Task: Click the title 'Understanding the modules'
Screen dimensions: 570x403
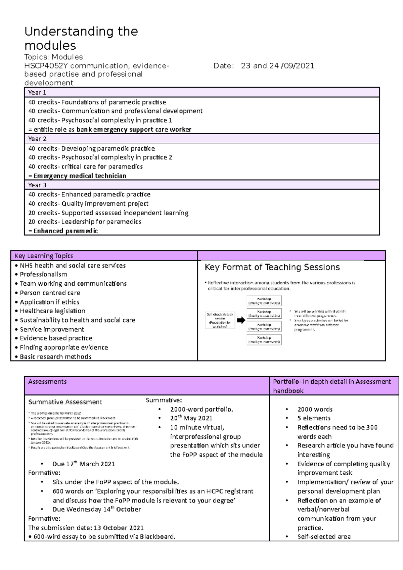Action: pos(81,38)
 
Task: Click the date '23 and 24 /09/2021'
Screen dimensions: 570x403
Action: pos(277,66)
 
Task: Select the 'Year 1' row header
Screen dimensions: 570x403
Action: pos(37,92)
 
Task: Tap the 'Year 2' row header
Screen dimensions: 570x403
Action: pos(37,139)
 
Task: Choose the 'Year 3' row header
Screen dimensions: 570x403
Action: pos(37,185)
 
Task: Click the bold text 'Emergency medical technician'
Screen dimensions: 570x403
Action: pos(80,176)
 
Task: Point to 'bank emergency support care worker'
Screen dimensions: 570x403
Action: pos(134,130)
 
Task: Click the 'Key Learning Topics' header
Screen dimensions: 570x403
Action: pos(44,256)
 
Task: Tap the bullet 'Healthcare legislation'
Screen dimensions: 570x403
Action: pos(52,311)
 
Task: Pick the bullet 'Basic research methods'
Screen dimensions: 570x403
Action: pos(55,357)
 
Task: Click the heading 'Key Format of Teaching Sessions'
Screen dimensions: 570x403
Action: pos(272,267)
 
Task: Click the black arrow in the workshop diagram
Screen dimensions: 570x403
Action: pos(241,320)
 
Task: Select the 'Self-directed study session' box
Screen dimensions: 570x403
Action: pos(220,320)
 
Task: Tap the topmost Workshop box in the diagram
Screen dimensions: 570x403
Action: pos(264,301)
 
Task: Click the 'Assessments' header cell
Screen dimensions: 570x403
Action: pos(47,382)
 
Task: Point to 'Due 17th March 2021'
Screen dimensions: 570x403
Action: pos(84,464)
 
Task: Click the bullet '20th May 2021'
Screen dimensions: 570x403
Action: pos(191,418)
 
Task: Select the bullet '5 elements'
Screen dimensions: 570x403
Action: pos(314,418)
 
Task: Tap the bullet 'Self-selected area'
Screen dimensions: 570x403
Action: pos(324,536)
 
